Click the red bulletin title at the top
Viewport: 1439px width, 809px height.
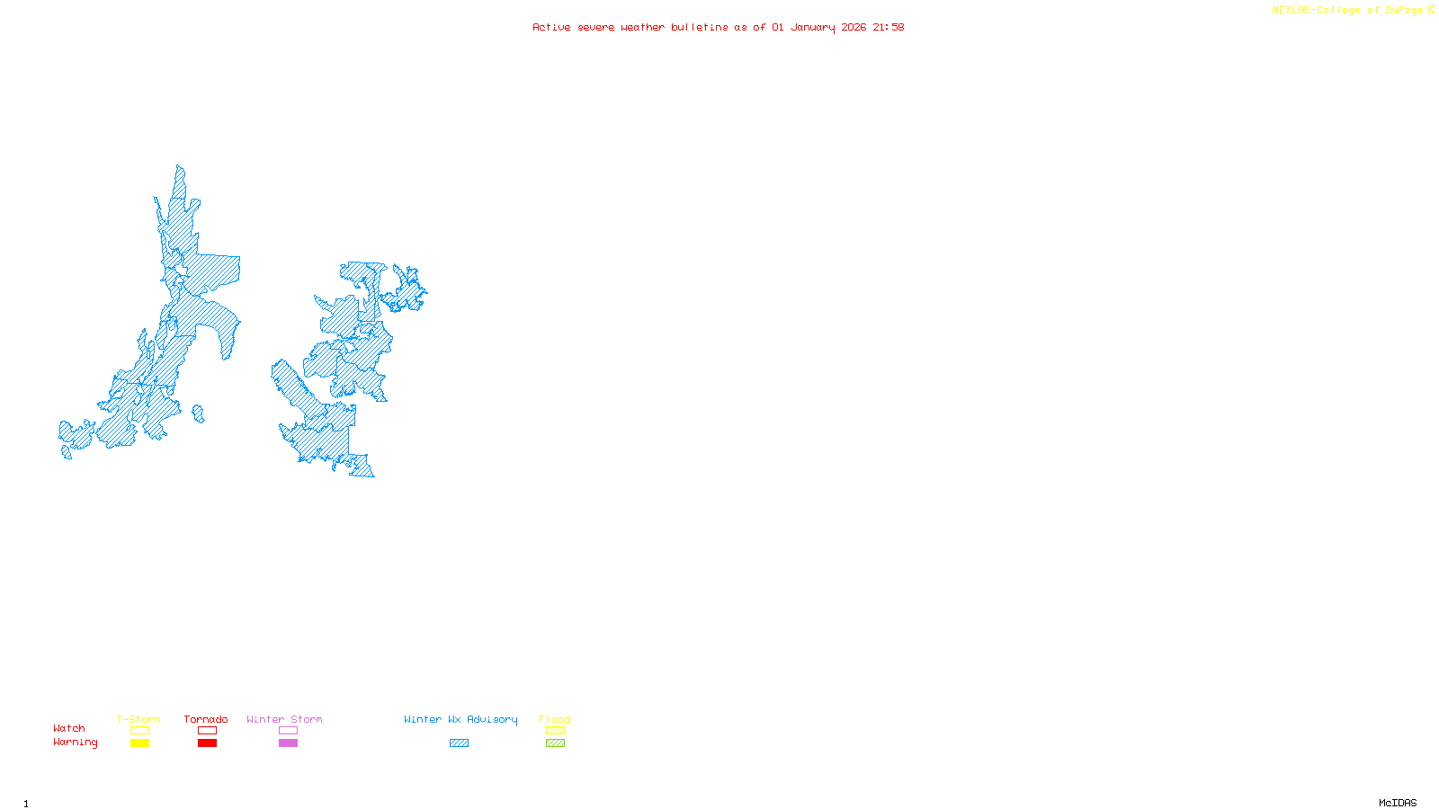(718, 27)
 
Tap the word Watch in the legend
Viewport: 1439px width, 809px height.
(69, 728)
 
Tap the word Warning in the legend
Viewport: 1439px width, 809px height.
(75, 742)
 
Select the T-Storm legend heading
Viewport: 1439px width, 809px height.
(139, 719)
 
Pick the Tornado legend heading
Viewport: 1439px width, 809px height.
(206, 719)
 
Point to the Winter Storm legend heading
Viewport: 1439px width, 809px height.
(284, 719)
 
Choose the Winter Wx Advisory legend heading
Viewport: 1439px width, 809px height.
(460, 719)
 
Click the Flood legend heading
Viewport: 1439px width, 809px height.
(555, 719)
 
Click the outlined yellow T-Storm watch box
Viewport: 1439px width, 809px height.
(139, 731)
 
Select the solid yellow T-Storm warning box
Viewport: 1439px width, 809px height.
(139, 743)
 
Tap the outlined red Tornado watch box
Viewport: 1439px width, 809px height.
(207, 731)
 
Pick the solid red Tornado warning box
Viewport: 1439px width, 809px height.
(207, 743)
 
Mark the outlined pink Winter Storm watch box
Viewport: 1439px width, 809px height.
(288, 731)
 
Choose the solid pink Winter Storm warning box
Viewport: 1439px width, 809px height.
(288, 743)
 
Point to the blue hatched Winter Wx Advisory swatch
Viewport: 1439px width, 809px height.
(459, 743)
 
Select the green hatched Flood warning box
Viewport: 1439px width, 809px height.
(555, 743)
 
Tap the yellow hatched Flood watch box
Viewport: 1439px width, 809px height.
(555, 731)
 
